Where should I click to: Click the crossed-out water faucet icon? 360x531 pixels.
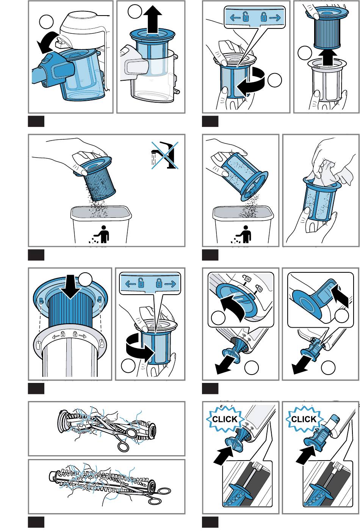[x=165, y=155]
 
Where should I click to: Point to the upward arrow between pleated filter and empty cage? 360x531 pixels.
[x=327, y=58]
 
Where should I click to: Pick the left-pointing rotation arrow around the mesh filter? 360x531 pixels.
[x=251, y=82]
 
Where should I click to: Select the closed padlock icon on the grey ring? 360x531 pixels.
[x=75, y=334]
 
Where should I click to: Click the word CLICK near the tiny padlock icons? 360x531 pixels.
[x=225, y=419]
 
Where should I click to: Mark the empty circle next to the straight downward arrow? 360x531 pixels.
[x=85, y=280]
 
